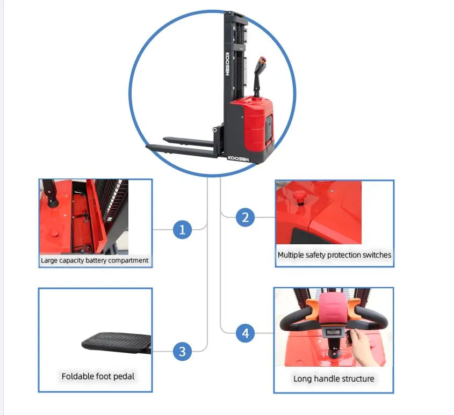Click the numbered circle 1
pos(183,229)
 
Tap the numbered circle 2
pos(245,217)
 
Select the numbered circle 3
pos(183,351)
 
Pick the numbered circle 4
pos(245,333)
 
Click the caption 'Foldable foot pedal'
pos(98,376)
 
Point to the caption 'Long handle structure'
pos(334,379)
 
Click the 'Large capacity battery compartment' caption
pos(95,260)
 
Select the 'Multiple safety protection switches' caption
pos(334,255)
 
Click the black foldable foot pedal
pos(117,343)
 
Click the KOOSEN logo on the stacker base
pos(239,158)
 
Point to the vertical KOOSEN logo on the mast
pos(227,64)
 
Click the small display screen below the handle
pos(333,332)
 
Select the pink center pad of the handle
pos(333,308)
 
